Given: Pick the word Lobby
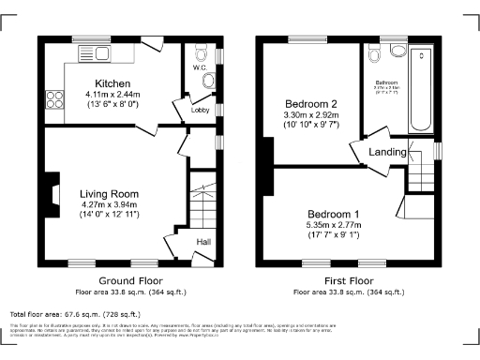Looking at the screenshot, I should click(x=200, y=110).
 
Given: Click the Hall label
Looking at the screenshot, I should click(x=202, y=243).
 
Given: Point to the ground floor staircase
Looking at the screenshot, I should click(x=202, y=201).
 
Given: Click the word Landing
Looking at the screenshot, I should click(x=388, y=152).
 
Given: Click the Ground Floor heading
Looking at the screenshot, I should click(x=130, y=280).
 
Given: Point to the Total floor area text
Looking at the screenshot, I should click(x=74, y=314).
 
